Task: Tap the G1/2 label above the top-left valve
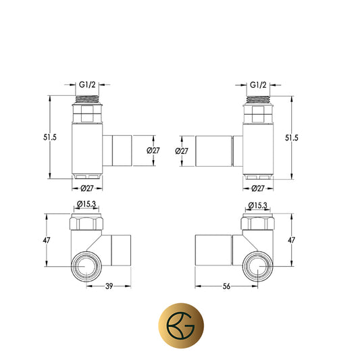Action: click(x=86, y=86)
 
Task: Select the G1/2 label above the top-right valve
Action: click(x=257, y=86)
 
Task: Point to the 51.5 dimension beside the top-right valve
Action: click(x=291, y=137)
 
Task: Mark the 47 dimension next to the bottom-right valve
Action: click(x=292, y=240)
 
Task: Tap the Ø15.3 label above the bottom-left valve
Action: click(x=86, y=205)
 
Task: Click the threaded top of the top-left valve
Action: click(x=86, y=103)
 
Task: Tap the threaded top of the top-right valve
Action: click(x=257, y=103)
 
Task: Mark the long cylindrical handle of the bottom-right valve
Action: click(x=213, y=249)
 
